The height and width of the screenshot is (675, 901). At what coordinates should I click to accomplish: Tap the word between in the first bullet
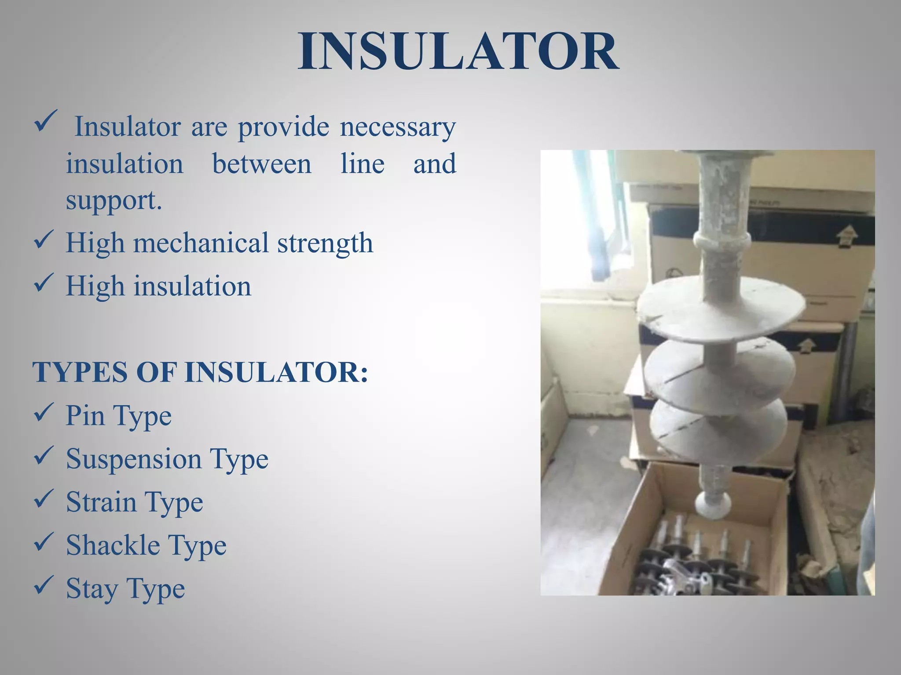[262, 164]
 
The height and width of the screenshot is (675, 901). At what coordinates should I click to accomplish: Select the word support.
[114, 201]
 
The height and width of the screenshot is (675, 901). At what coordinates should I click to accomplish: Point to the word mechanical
[201, 243]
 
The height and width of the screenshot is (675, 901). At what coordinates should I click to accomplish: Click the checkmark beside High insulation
[44, 283]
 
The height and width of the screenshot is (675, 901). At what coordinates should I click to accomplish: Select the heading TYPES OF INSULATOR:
[200, 372]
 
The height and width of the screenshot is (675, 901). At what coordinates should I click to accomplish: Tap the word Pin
[85, 415]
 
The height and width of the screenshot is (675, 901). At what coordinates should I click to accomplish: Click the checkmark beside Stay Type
[44, 586]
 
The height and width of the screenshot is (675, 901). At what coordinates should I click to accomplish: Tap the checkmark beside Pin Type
[44, 413]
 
